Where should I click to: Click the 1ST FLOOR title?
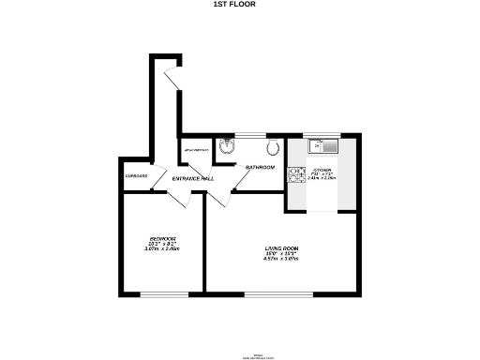tap(239, 4)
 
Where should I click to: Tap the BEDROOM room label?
tap(162, 239)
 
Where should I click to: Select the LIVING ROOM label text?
tap(280, 247)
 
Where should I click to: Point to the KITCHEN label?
tap(322, 171)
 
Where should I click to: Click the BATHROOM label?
tap(260, 167)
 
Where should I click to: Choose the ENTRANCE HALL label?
tap(192, 178)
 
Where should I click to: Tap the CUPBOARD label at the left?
tap(136, 176)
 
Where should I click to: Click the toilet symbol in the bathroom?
tap(274, 147)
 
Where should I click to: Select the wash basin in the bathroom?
tap(225, 145)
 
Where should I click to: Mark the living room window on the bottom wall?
tap(280, 293)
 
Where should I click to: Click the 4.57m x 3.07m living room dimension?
tap(280, 258)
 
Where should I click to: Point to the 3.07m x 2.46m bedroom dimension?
tap(162, 249)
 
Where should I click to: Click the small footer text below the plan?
tap(240, 356)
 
